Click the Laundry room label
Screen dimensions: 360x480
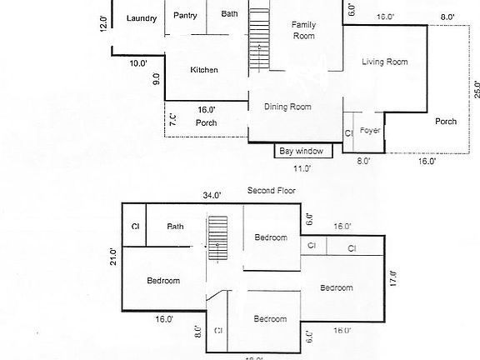(x=141, y=18)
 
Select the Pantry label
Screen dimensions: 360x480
(x=185, y=13)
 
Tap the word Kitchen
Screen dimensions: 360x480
(x=204, y=70)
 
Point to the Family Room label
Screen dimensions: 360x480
(x=302, y=30)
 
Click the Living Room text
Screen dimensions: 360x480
(x=384, y=62)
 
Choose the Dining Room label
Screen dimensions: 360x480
(x=287, y=107)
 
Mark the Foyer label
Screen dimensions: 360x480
(x=370, y=131)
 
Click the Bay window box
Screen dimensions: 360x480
(x=304, y=151)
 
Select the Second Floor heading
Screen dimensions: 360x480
(x=271, y=191)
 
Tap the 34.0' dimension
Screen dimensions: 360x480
(x=212, y=196)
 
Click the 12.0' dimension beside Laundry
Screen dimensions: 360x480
(x=104, y=22)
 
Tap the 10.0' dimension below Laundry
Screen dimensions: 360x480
(x=138, y=63)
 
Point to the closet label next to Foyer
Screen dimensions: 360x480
(x=349, y=132)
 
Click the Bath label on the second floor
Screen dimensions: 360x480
(x=175, y=226)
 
